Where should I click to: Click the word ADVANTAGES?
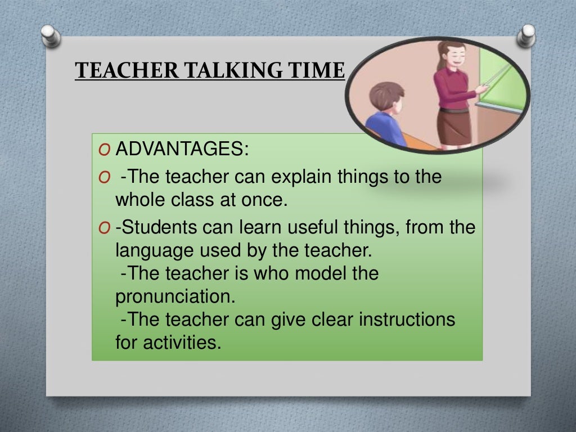(181, 150)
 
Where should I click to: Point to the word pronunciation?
(174, 296)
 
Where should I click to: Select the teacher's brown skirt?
(454, 126)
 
